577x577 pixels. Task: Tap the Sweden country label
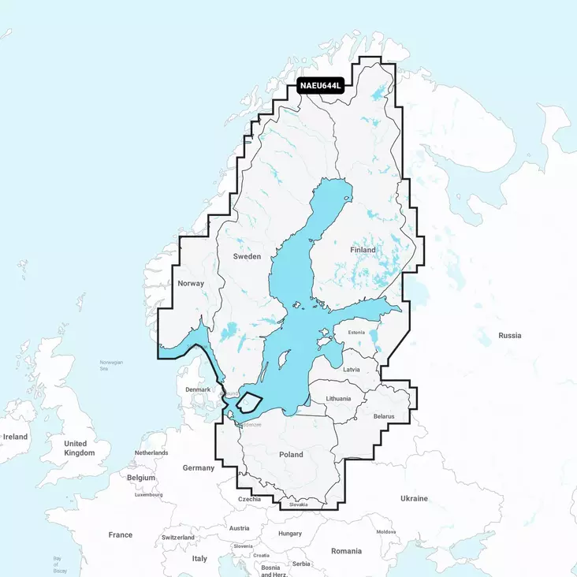point(247,257)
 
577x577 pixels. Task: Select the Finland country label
point(363,250)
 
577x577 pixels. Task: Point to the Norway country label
point(191,283)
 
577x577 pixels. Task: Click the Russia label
point(509,336)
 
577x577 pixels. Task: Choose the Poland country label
point(291,455)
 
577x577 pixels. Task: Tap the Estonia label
point(356,333)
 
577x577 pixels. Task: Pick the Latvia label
point(352,369)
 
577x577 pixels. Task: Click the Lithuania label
point(338,399)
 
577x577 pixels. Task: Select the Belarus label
point(383,415)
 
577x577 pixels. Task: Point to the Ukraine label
point(414,498)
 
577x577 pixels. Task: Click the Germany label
point(199,468)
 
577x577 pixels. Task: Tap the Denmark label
point(198,389)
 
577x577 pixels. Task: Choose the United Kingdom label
point(79,449)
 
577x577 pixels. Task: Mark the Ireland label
point(15,437)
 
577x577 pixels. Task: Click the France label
point(121,535)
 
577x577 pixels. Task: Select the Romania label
point(346,551)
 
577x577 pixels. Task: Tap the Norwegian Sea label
point(112,364)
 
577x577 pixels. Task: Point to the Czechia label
point(249,500)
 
